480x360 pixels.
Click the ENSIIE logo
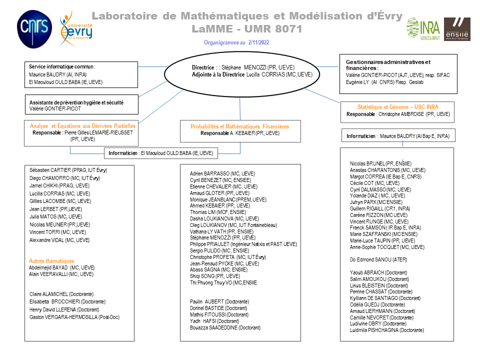coord(457,28)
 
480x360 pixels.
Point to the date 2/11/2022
coord(258,42)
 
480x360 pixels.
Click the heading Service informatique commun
coord(61,66)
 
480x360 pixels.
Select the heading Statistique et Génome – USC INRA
coord(398,107)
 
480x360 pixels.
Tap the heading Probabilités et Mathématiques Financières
coord(239,126)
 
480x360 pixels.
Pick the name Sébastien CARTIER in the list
coord(68,170)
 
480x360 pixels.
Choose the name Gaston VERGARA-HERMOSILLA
coord(70,317)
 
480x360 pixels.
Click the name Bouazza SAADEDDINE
coord(225,327)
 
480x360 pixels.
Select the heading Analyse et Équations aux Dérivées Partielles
coord(82,126)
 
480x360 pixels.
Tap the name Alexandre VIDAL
coord(59,240)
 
